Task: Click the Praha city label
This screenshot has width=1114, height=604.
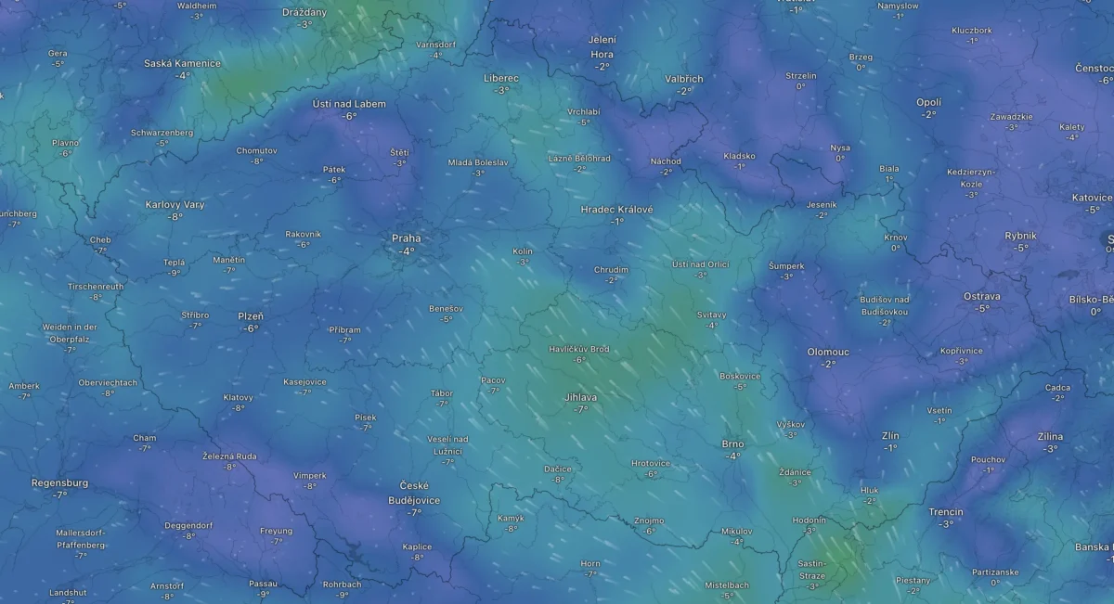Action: [406, 238]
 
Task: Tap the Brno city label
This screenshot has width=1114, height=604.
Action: [732, 444]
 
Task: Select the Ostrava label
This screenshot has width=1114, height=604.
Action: [981, 296]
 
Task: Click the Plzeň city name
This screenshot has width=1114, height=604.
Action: [250, 316]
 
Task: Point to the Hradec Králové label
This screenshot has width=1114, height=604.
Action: [616, 210]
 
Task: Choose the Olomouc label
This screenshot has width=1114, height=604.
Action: [828, 353]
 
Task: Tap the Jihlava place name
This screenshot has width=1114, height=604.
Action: [580, 397]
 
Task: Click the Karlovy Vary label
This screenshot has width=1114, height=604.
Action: [175, 205]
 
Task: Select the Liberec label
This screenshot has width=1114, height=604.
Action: [501, 78]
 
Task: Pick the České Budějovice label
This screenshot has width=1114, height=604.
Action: [414, 493]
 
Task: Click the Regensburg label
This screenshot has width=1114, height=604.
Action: [59, 483]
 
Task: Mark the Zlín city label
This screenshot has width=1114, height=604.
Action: [890, 436]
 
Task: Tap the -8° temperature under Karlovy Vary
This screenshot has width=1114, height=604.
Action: [175, 217]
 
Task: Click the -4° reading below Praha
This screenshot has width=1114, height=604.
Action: [406, 251]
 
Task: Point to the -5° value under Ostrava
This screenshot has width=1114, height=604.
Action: [981, 308]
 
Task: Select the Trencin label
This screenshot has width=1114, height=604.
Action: [945, 512]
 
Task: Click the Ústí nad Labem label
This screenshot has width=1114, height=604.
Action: [348, 104]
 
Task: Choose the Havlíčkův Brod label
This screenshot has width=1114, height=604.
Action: [579, 349]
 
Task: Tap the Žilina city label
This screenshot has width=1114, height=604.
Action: [1050, 436]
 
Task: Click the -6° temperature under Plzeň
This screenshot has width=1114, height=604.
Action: [250, 328]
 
